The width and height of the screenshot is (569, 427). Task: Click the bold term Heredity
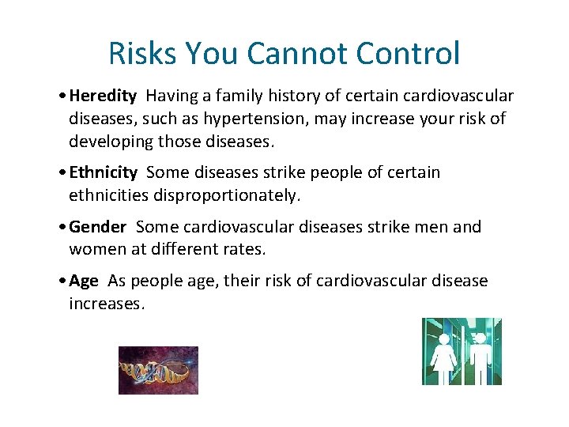[103, 96]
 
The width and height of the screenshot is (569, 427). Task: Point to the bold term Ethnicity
[103, 172]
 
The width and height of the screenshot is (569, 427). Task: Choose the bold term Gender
[97, 227]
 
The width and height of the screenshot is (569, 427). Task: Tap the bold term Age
[83, 281]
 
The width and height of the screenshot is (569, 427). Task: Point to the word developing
[107, 142]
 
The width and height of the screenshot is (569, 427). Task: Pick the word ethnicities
[106, 195]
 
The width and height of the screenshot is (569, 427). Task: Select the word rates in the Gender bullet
[246, 248]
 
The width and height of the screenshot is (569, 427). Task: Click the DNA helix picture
[158, 370]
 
